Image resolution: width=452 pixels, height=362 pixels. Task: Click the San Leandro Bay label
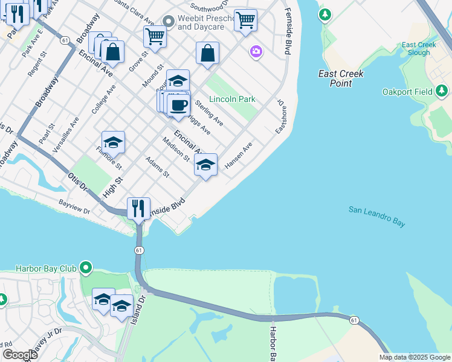(376, 216)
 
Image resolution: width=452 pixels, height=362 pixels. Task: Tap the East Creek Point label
(341, 78)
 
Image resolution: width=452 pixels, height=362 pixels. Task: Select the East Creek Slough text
(416, 49)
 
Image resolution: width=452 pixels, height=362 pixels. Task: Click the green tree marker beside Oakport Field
(442, 91)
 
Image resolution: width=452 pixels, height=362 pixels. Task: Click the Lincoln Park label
(232, 99)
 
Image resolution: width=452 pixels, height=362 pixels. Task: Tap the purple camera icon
(256, 52)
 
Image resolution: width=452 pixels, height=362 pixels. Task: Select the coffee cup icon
(178, 106)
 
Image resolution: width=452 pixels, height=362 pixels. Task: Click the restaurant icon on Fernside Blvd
(139, 209)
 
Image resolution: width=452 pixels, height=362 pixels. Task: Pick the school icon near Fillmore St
(113, 143)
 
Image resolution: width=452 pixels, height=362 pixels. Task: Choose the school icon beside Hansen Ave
(205, 165)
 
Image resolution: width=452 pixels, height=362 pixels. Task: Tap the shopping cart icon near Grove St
(155, 36)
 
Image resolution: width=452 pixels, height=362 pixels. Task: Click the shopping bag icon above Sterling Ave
(207, 53)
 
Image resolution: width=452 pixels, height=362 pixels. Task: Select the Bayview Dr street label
(74, 207)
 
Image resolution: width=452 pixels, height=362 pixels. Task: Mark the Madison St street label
(176, 148)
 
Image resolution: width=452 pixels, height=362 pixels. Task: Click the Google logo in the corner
(21, 355)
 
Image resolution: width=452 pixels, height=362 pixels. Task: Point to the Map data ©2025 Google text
(414, 357)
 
